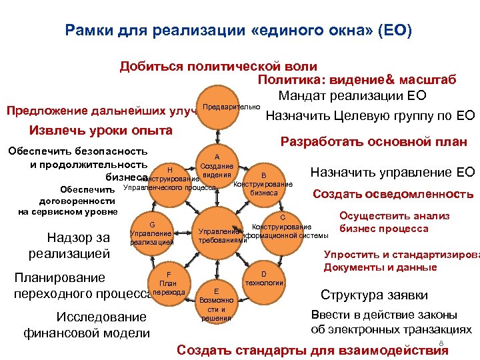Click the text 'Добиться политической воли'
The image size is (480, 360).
coord(218,67)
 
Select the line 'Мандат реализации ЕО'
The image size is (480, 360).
coord(352,95)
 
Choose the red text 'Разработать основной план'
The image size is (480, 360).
coord(373,141)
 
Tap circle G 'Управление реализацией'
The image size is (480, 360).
coord(152,233)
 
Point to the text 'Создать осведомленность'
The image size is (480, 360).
coord(393,194)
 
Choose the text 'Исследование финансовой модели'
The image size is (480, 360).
coord(87,324)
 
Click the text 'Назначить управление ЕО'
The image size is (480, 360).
coord(393,173)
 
